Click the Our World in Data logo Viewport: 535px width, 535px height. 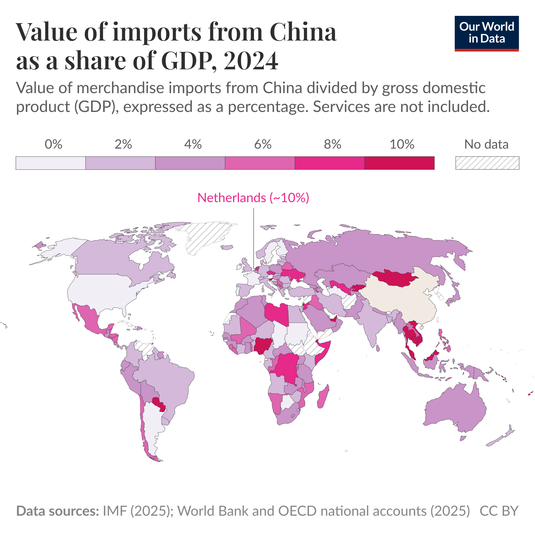tap(486, 33)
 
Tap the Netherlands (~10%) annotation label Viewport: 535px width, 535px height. tap(253, 198)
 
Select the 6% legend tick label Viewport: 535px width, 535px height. tap(263, 145)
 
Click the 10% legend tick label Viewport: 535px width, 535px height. tap(402, 145)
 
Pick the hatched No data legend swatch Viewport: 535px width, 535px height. tap(487, 163)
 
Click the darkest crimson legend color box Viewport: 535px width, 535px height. tap(399, 163)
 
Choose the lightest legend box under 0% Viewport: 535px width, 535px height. tap(51, 163)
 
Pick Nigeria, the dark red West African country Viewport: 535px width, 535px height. tap(263, 345)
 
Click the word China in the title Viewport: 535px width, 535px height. tap(303, 32)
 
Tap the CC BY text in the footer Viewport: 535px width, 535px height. tap(499, 511)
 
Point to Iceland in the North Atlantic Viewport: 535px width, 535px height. tap(227, 247)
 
